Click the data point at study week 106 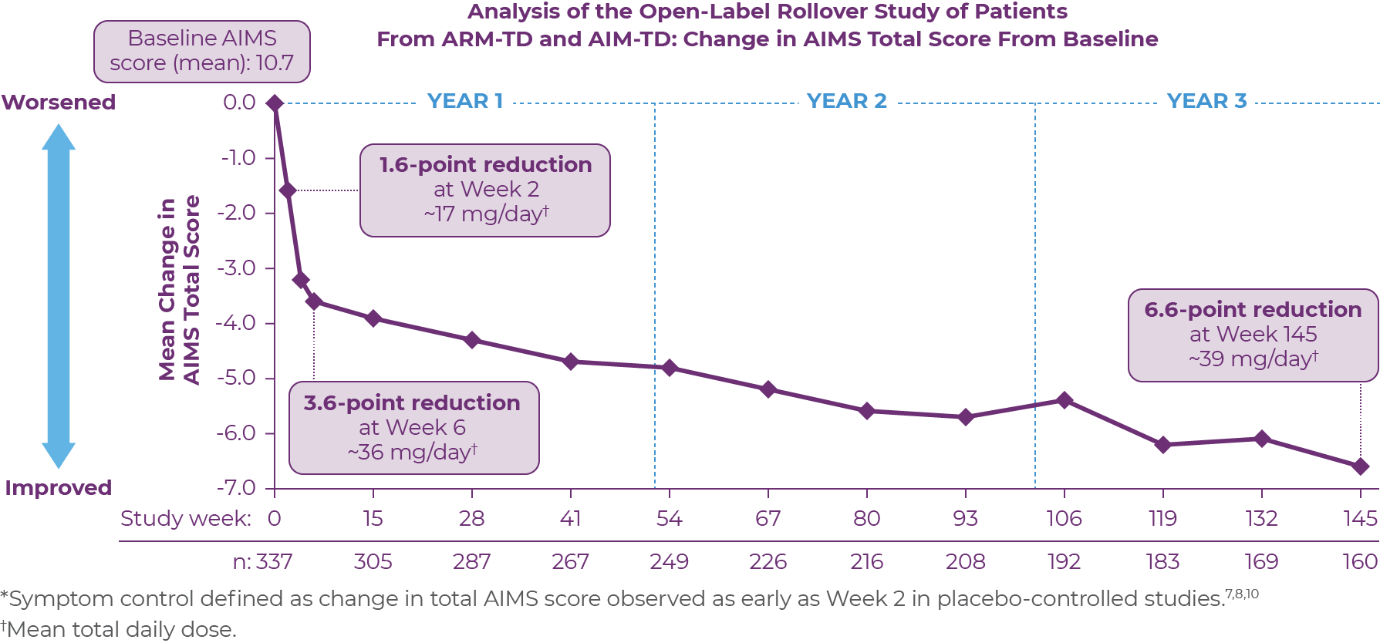click(x=1065, y=400)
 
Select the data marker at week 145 click(x=1360, y=466)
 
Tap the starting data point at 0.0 click(x=275, y=103)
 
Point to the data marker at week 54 click(x=670, y=368)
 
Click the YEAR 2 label click(x=846, y=101)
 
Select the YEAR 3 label click(x=1206, y=101)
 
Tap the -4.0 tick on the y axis click(x=239, y=323)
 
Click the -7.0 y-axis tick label click(x=239, y=488)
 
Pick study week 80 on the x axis click(x=866, y=518)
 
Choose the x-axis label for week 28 click(x=471, y=518)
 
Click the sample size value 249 click(x=669, y=561)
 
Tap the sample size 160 click(x=1359, y=561)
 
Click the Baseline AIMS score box click(x=202, y=51)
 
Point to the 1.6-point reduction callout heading click(x=485, y=165)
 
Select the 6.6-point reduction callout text click(x=1253, y=310)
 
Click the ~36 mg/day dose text click(x=413, y=452)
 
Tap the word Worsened click(x=59, y=103)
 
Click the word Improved click(x=59, y=488)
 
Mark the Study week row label click(x=185, y=518)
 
